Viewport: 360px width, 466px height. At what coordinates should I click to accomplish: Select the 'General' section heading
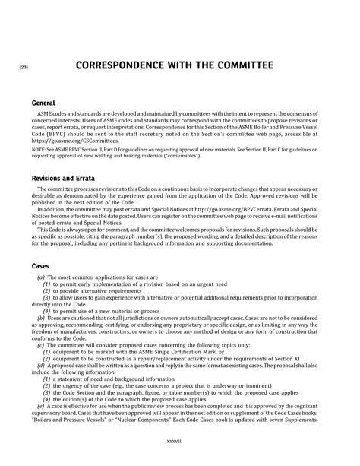(44, 102)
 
